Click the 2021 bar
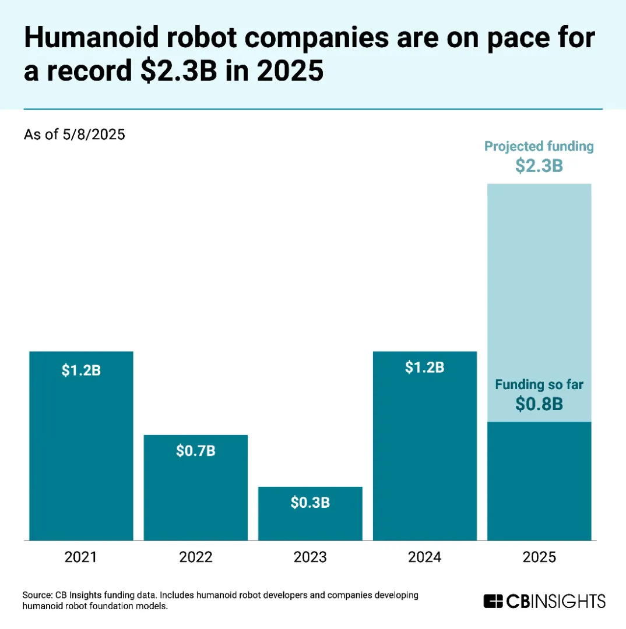click(x=81, y=454)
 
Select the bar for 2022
click(x=196, y=495)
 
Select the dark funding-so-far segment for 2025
click(x=539, y=483)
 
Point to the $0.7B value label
click(x=196, y=451)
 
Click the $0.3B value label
click(x=310, y=502)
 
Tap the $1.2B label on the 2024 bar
click(x=425, y=367)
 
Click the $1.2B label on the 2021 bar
click(x=81, y=370)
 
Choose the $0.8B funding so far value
click(x=539, y=404)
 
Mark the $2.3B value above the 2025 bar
click(x=539, y=166)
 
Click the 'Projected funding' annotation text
click(x=539, y=146)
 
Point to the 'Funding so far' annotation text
click(x=539, y=384)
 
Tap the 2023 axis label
click(x=310, y=557)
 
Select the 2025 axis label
click(x=539, y=557)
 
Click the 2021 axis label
click(x=81, y=557)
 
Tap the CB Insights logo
click(x=544, y=601)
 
